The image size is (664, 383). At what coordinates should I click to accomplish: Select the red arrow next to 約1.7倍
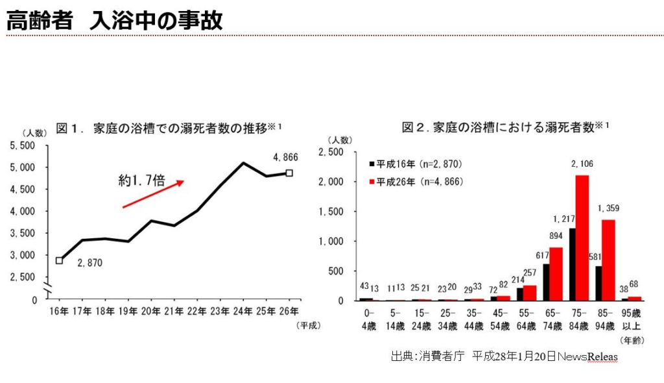tap(153, 194)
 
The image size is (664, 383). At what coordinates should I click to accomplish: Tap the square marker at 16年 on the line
tap(60, 260)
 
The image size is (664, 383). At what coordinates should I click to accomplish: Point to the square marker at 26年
tap(289, 173)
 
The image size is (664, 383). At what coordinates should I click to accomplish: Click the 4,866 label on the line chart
tap(285, 157)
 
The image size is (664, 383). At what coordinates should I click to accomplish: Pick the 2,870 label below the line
tap(90, 264)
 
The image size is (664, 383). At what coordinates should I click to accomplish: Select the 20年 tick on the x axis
tap(151, 310)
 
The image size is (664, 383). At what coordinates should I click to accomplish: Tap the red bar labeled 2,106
tap(582, 238)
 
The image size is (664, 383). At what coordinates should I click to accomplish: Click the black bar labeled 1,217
tap(572, 264)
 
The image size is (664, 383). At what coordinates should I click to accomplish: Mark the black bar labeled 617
tap(546, 282)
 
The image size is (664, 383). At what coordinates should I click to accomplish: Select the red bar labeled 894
tap(556, 273)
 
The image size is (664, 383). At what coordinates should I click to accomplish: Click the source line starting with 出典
tap(504, 356)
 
